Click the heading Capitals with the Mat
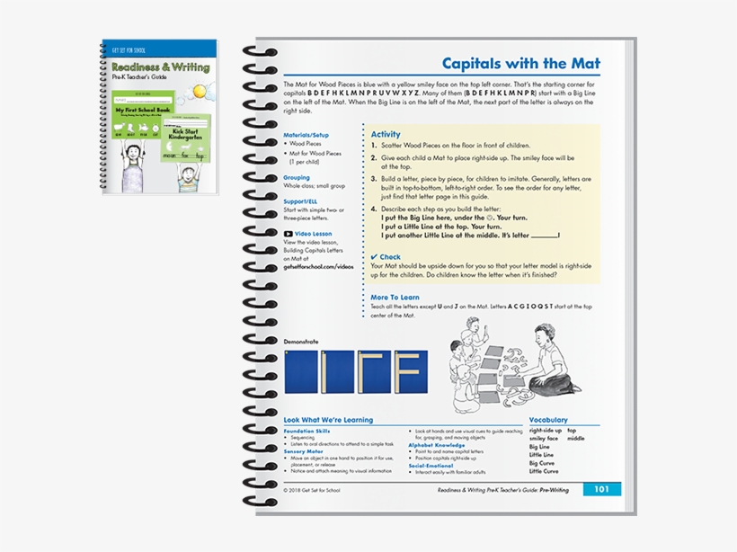(520, 63)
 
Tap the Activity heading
(386, 134)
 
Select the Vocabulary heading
(548, 420)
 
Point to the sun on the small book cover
(197, 91)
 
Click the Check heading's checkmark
(374, 257)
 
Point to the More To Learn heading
(395, 297)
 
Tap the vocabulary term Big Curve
(542, 463)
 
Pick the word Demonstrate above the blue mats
(301, 342)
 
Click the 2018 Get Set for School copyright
(313, 491)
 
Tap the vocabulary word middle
(576, 439)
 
